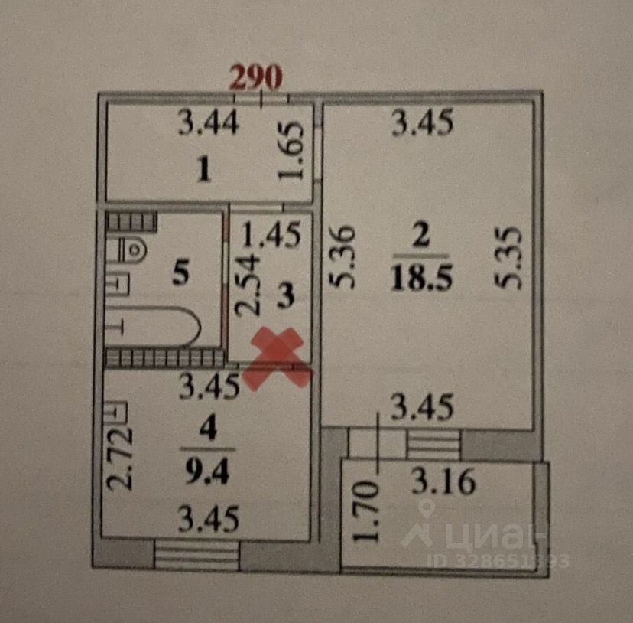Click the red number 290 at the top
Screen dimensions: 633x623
[258, 77]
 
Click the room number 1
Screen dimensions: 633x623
[203, 171]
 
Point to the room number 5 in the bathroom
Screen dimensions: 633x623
[180, 273]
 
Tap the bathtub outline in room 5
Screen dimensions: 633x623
[157, 328]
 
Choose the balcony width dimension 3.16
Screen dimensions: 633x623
[443, 482]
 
